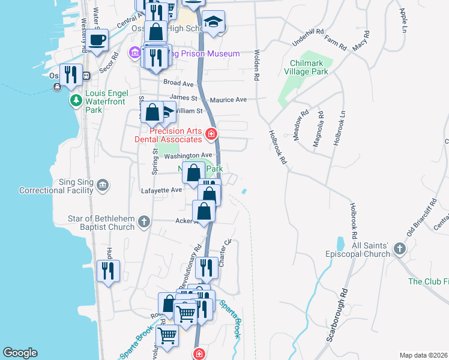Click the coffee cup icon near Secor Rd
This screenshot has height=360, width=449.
click(x=97, y=40)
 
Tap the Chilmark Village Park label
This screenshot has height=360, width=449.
click(x=309, y=67)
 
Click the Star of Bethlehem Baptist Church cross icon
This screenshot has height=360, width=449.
click(x=143, y=221)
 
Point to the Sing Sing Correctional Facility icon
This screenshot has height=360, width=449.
click(x=103, y=185)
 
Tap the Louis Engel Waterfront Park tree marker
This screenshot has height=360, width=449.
click(x=76, y=100)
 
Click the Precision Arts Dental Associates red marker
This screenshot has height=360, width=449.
click(x=211, y=134)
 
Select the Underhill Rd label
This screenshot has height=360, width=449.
click(x=307, y=38)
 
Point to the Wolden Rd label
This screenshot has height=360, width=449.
click(x=256, y=65)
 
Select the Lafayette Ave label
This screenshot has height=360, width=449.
click(x=161, y=190)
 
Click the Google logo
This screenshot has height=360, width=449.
click(x=20, y=353)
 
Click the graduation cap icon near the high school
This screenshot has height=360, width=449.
click(x=213, y=22)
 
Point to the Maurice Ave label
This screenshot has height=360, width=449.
click(x=233, y=100)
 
